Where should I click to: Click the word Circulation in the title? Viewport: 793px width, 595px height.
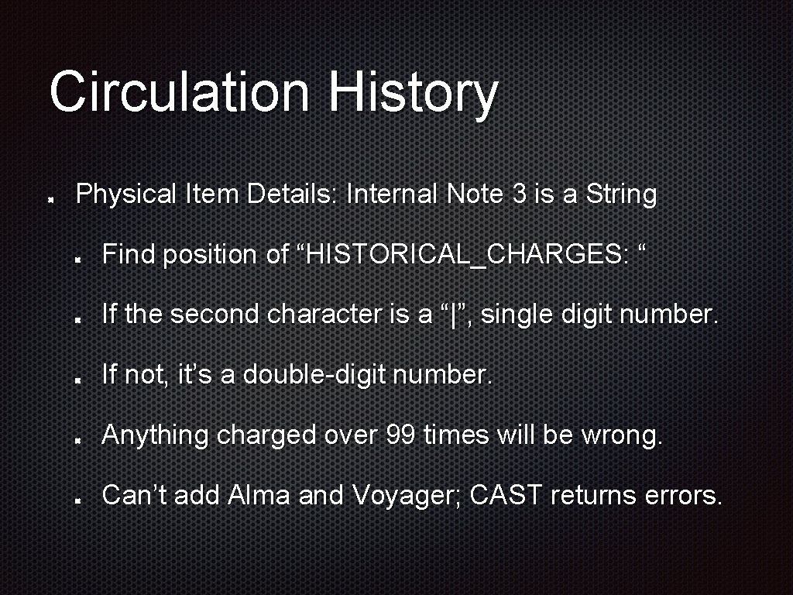pos(179,91)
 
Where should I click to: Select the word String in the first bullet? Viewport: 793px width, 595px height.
pos(621,194)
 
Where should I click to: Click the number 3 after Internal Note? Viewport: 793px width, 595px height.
pos(520,194)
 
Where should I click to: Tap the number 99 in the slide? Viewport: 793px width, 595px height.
pos(401,435)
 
